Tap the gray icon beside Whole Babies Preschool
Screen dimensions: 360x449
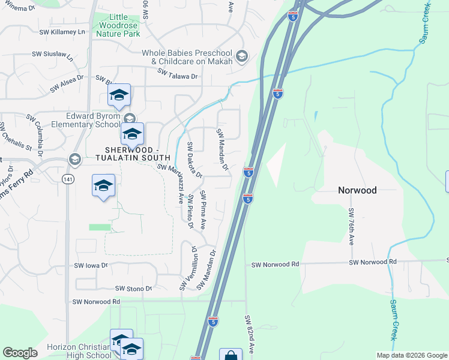tap(241, 56)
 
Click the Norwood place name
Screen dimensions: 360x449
tap(357, 190)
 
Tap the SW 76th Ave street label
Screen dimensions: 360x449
tap(352, 227)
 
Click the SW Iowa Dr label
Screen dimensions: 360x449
tap(91, 265)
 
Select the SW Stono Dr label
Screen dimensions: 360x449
tap(134, 289)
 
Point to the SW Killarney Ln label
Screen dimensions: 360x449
tap(62, 31)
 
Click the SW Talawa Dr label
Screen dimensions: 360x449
tap(178, 74)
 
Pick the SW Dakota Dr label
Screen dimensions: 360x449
tap(194, 160)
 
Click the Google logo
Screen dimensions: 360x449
tap(20, 353)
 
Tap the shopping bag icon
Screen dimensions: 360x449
tap(231, 355)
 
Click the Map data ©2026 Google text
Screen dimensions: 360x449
tap(411, 355)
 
